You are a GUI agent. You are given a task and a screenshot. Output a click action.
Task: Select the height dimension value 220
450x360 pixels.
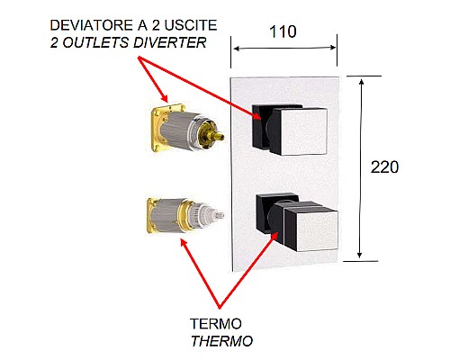(384, 167)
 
